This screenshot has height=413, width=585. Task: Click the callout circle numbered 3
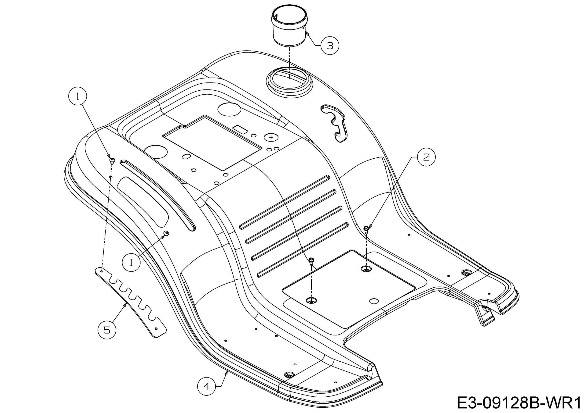pyautogui.click(x=330, y=46)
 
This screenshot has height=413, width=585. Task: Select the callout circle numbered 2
pyautogui.click(x=426, y=157)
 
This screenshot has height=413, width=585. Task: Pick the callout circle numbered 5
pyautogui.click(x=107, y=330)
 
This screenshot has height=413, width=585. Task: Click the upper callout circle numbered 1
pyautogui.click(x=78, y=96)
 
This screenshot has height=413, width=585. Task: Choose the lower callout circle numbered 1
pyautogui.click(x=131, y=263)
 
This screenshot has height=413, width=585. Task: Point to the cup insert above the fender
pyautogui.click(x=290, y=26)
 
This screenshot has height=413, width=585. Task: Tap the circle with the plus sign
pyautogui.click(x=271, y=137)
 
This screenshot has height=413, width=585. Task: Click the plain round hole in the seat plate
pyautogui.click(x=374, y=301)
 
